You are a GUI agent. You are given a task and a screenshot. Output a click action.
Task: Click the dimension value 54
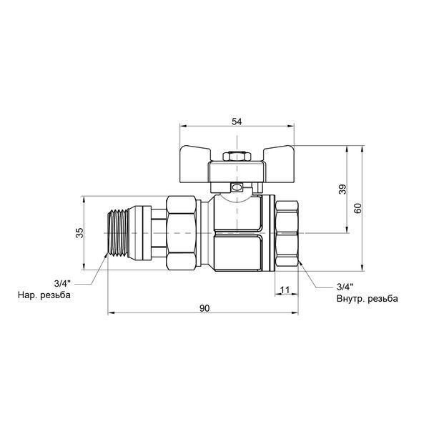[x=237, y=122]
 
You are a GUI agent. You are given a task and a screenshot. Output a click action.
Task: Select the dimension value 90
[x=204, y=308]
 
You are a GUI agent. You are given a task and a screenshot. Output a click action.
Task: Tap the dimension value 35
[x=79, y=233]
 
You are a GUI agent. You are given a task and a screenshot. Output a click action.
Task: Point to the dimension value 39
[x=342, y=189]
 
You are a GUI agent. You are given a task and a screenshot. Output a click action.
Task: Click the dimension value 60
[x=357, y=209]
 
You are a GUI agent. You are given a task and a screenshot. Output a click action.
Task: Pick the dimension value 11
[x=285, y=290]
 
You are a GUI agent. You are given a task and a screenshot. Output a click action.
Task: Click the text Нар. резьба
[x=44, y=295]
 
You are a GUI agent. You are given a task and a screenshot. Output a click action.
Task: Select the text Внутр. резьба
[x=368, y=298]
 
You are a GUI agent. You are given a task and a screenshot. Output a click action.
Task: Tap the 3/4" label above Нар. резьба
[x=62, y=283]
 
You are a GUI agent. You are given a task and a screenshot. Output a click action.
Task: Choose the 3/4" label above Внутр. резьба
[x=345, y=287]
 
